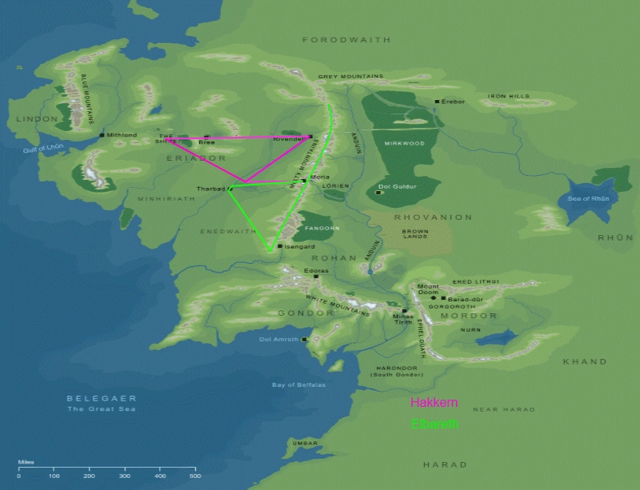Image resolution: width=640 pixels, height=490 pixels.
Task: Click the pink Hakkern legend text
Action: [434, 403]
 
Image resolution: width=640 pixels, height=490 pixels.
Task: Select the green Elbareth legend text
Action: [434, 424]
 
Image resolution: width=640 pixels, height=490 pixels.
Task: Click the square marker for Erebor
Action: [437, 102]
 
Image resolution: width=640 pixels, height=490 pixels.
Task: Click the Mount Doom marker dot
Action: [433, 297]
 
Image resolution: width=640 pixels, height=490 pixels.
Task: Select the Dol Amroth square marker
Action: [305, 340]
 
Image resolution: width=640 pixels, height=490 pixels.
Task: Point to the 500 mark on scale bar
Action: [194, 476]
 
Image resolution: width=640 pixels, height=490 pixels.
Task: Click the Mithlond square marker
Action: [102, 135]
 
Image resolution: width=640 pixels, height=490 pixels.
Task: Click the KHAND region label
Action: [585, 361]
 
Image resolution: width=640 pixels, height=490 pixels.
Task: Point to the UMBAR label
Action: [305, 442]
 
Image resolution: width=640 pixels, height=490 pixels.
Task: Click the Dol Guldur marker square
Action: [378, 193]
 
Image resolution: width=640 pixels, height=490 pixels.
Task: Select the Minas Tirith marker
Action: [405, 310]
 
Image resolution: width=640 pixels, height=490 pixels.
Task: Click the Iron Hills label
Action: [510, 96]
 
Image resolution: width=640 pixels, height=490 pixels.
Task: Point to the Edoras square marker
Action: [316, 277]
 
